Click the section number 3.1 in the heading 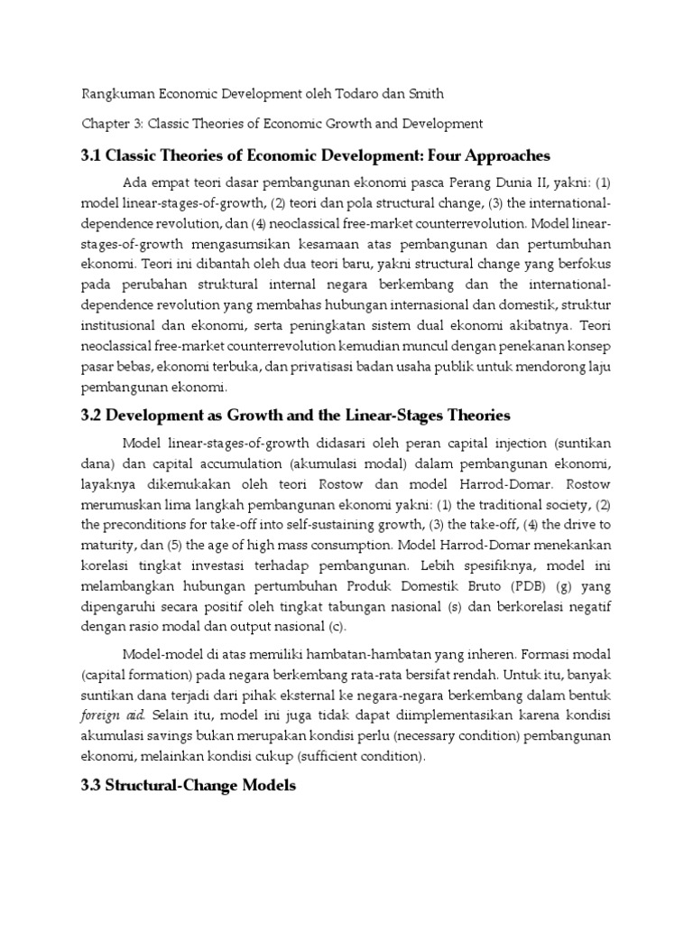tap(93, 155)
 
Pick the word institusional tap(122, 322)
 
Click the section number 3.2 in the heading tap(93, 416)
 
